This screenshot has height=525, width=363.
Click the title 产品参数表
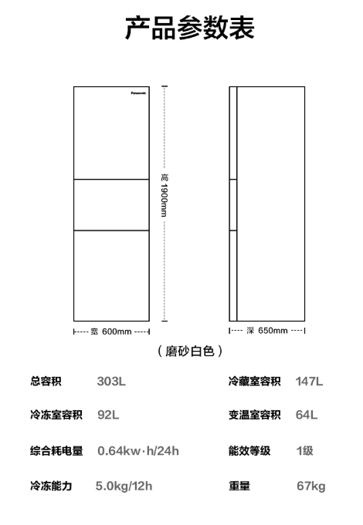pos(189,28)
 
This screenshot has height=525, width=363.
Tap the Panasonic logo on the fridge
pos(138,93)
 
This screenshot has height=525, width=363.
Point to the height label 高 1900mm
pos(164,195)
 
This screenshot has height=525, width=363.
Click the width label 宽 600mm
pos(111,331)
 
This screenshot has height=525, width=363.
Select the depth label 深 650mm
pos(267,331)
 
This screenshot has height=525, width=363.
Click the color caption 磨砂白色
pos(190,351)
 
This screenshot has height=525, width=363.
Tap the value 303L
pos(111,381)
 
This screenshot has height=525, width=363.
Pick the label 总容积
pos(46,381)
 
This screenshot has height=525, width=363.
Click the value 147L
pos(309,381)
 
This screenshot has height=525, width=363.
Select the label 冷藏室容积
pos(255,381)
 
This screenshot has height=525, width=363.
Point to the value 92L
pos(108,415)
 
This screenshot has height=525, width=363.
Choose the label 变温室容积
pos(255,415)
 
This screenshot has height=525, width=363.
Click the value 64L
pos(307,415)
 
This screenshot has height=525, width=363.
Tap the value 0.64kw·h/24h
pos(138,451)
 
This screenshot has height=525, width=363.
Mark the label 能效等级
pos(249,451)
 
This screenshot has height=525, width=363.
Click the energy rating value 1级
pos(304,451)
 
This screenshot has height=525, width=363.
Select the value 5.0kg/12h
pos(124,486)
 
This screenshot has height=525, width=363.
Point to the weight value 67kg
pos(311,486)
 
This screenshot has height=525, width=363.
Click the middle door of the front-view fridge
pos(111,205)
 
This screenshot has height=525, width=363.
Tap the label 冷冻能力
pos(51,486)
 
